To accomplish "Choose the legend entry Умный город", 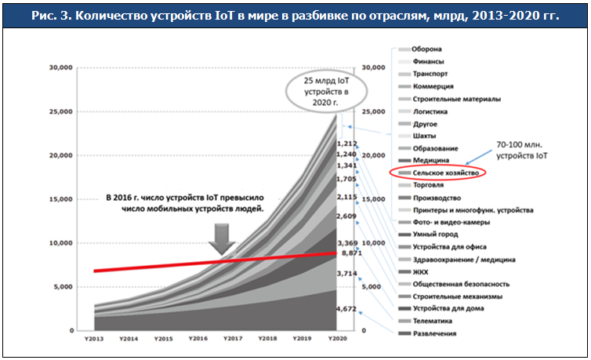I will tap(431, 235).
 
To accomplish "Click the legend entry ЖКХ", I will tap(420, 271).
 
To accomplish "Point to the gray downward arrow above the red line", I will tap(224, 238).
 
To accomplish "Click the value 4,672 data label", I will tap(346, 310).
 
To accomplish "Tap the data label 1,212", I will tap(346, 144).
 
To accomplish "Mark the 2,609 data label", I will tap(346, 216).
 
